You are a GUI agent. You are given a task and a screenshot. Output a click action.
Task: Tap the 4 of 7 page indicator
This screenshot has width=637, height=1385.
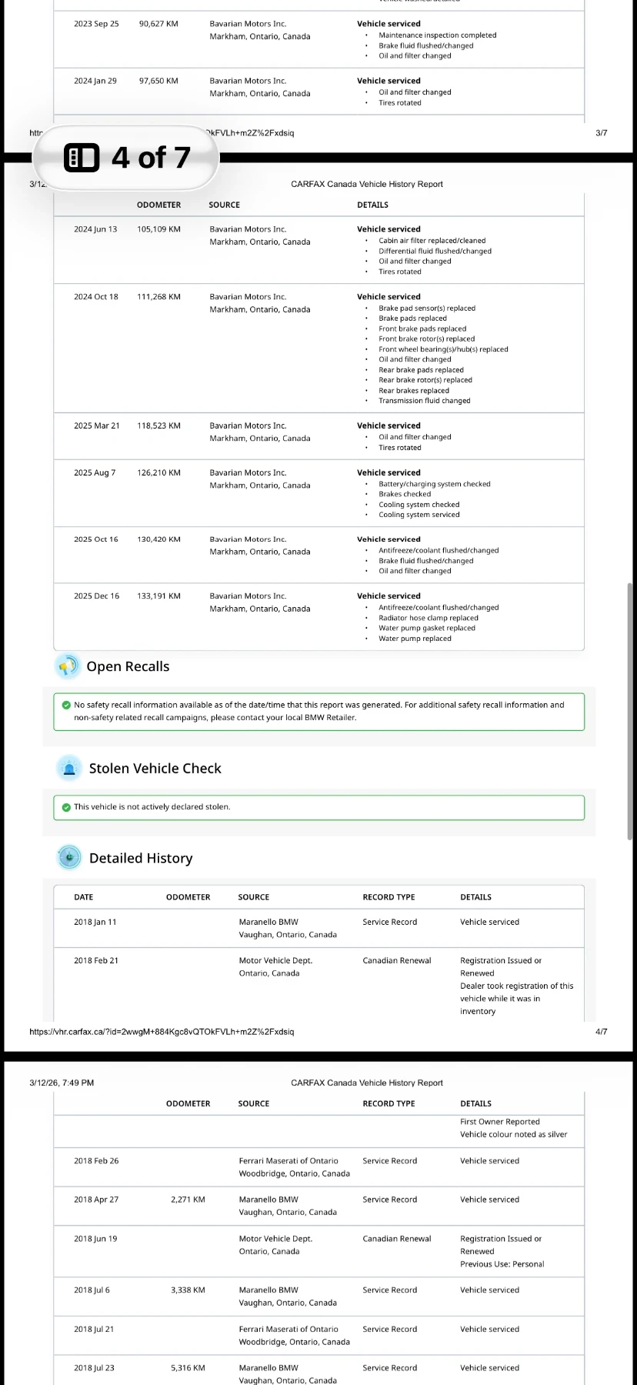click(126, 158)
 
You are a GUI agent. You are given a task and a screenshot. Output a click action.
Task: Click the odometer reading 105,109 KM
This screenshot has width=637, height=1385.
click(158, 229)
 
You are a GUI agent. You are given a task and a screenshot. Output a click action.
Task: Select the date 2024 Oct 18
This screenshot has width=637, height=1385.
click(96, 297)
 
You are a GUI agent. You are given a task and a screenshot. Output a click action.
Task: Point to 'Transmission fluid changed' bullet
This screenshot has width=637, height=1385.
click(424, 401)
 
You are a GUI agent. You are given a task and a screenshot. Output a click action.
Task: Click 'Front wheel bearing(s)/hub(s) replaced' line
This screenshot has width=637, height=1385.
click(443, 349)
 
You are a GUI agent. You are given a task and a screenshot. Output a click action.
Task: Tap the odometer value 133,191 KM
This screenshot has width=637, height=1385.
click(158, 596)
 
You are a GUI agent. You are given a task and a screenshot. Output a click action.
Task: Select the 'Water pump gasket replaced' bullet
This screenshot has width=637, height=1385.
click(426, 629)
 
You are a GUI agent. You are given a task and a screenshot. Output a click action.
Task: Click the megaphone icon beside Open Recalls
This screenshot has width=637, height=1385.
click(68, 666)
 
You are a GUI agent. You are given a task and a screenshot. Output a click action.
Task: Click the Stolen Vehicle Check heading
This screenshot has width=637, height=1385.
click(155, 769)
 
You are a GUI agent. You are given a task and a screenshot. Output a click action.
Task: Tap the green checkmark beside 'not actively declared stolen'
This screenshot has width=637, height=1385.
click(66, 807)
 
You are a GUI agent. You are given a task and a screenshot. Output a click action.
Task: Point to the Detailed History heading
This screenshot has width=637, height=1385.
click(141, 859)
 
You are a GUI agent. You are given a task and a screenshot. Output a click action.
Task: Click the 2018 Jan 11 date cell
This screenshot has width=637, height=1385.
click(95, 923)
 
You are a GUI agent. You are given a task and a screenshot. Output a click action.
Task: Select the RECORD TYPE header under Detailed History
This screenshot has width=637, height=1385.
click(389, 897)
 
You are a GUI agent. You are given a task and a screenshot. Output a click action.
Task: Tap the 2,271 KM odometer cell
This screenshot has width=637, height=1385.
click(188, 1200)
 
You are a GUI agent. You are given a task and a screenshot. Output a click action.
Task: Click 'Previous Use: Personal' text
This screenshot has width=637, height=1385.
click(502, 1264)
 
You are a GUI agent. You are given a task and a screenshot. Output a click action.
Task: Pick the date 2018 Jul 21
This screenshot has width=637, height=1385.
click(94, 1330)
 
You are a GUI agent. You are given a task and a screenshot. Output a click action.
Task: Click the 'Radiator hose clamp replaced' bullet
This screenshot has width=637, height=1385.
click(428, 618)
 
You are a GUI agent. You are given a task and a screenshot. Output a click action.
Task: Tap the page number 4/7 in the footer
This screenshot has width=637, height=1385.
click(601, 1032)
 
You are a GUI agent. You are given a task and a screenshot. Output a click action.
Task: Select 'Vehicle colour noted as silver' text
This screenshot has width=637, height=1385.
click(513, 1135)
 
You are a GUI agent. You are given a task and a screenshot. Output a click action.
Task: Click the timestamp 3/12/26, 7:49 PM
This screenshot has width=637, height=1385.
click(62, 1083)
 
